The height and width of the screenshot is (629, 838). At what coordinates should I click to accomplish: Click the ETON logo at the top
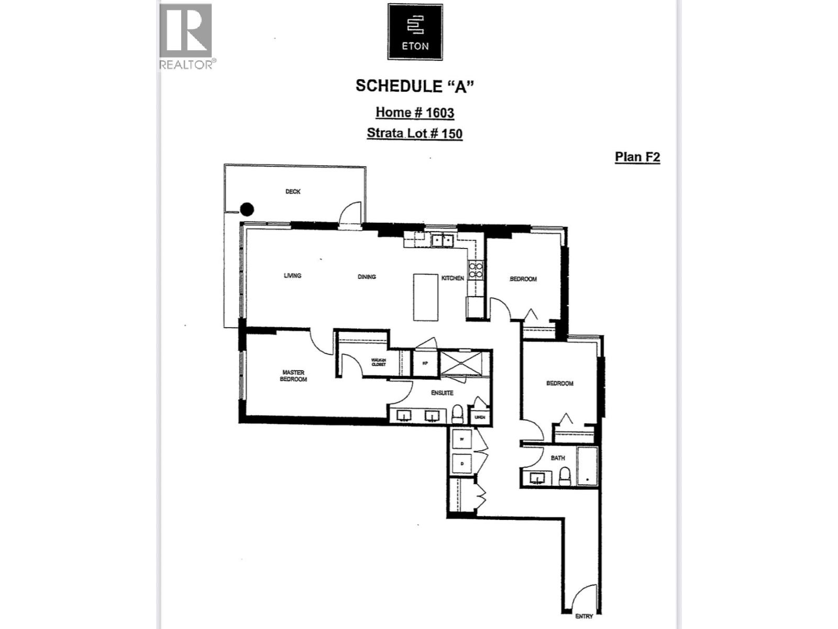click(x=415, y=32)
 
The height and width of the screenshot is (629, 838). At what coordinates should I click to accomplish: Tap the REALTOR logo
click(x=186, y=36)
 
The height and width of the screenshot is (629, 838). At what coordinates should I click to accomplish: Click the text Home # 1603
click(x=414, y=113)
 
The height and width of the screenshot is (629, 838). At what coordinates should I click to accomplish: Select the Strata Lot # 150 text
click(x=414, y=133)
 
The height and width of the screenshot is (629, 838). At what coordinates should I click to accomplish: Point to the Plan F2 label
click(x=637, y=157)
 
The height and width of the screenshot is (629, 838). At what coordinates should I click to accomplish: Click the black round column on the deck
click(x=247, y=210)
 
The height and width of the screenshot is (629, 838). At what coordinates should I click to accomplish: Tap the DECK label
click(x=293, y=192)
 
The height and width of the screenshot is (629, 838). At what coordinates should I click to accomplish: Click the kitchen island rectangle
click(x=425, y=297)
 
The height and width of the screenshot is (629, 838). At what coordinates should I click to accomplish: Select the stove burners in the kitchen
click(x=476, y=270)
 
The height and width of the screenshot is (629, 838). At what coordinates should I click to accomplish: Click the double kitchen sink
click(x=442, y=241)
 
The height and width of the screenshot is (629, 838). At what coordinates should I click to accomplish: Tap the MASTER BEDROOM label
click(x=293, y=376)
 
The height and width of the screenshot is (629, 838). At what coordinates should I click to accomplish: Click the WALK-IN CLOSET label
click(x=378, y=362)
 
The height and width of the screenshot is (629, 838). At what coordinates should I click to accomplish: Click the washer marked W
click(x=462, y=440)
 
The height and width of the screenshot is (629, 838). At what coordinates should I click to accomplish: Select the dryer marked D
click(x=462, y=464)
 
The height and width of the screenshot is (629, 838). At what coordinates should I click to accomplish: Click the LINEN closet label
click(x=480, y=417)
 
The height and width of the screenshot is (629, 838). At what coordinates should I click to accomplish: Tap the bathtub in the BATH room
click(x=587, y=466)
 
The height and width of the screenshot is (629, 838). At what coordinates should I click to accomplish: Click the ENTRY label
click(x=583, y=616)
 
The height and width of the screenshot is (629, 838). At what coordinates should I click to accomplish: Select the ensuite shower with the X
click(x=460, y=363)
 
